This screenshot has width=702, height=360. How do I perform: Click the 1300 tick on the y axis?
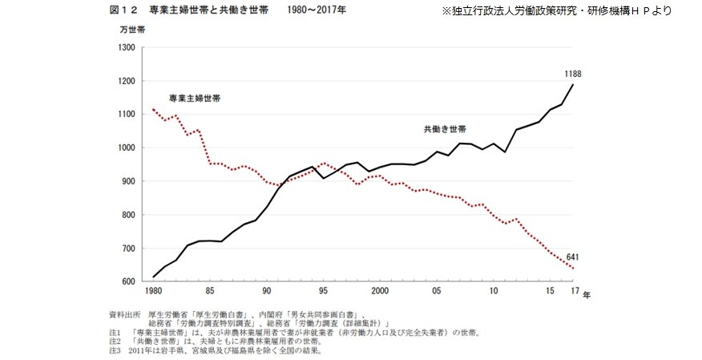127,47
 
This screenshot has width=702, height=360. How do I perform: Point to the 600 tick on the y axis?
127,282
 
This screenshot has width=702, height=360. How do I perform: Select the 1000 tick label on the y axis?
127,148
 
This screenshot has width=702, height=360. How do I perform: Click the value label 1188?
572,74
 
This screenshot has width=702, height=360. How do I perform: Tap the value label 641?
572,257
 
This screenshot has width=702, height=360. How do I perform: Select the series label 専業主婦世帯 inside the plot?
195,98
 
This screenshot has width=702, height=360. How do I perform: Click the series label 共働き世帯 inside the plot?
445,128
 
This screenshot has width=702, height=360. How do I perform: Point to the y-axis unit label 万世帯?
132,30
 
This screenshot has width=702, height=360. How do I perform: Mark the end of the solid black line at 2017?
571,84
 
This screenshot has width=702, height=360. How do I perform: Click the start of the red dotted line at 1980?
153,109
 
